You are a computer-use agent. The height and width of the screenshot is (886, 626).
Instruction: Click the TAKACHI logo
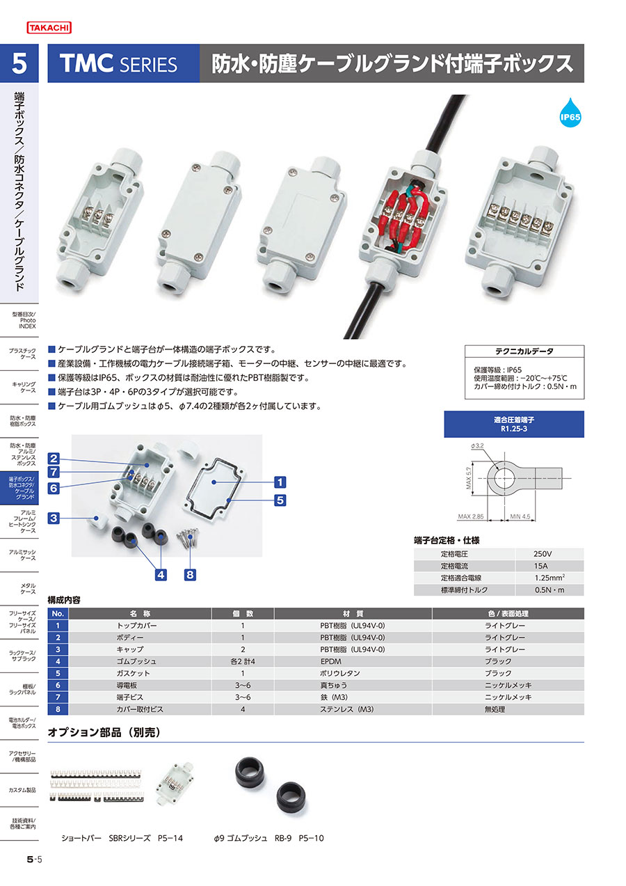tap(49, 27)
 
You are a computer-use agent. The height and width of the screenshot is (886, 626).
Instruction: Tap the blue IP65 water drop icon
tap(570, 113)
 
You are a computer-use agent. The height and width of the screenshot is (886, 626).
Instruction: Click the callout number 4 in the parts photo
tap(161, 574)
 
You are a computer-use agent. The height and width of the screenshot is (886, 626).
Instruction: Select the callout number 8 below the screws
tap(190, 574)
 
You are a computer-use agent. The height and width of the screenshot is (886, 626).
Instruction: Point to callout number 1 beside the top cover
tap(280, 482)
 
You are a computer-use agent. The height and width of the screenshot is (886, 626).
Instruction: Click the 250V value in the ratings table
tap(543, 554)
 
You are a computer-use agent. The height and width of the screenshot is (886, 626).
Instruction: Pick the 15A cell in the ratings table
tap(540, 566)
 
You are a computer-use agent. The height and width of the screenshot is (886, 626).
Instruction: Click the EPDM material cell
tap(331, 661)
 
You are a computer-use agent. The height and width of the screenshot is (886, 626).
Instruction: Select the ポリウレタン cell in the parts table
tap(340, 673)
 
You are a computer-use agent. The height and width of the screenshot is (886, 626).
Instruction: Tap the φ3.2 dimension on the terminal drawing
tap(477, 445)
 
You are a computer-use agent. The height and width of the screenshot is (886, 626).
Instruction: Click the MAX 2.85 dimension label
tap(471, 516)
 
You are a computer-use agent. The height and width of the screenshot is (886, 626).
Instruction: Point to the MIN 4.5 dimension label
tap(520, 516)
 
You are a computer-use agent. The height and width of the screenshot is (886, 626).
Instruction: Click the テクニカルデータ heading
tap(524, 351)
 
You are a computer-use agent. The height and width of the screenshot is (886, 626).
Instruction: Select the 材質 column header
tap(353, 613)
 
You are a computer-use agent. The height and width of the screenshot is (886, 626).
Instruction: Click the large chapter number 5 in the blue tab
tap(19, 63)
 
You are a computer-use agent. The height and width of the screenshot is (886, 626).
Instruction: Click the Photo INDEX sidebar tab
tap(24, 320)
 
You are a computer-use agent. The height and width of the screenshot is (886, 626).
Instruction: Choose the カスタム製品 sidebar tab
tap(22, 790)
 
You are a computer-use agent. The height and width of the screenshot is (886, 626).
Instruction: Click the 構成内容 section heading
tap(64, 600)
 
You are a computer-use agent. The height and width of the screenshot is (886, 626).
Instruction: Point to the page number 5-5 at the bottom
tap(34, 859)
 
